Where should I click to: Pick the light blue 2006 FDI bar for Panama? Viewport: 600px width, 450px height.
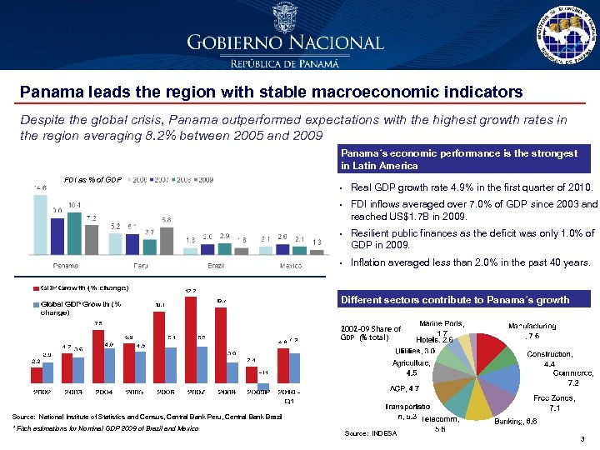(x=40, y=221)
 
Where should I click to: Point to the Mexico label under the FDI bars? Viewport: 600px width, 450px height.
(x=290, y=264)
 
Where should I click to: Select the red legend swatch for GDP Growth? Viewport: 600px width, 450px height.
(x=37, y=287)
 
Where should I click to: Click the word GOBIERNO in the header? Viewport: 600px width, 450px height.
(x=236, y=42)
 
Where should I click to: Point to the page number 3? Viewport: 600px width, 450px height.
(x=580, y=438)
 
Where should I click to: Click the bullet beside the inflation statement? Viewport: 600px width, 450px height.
(x=343, y=262)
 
